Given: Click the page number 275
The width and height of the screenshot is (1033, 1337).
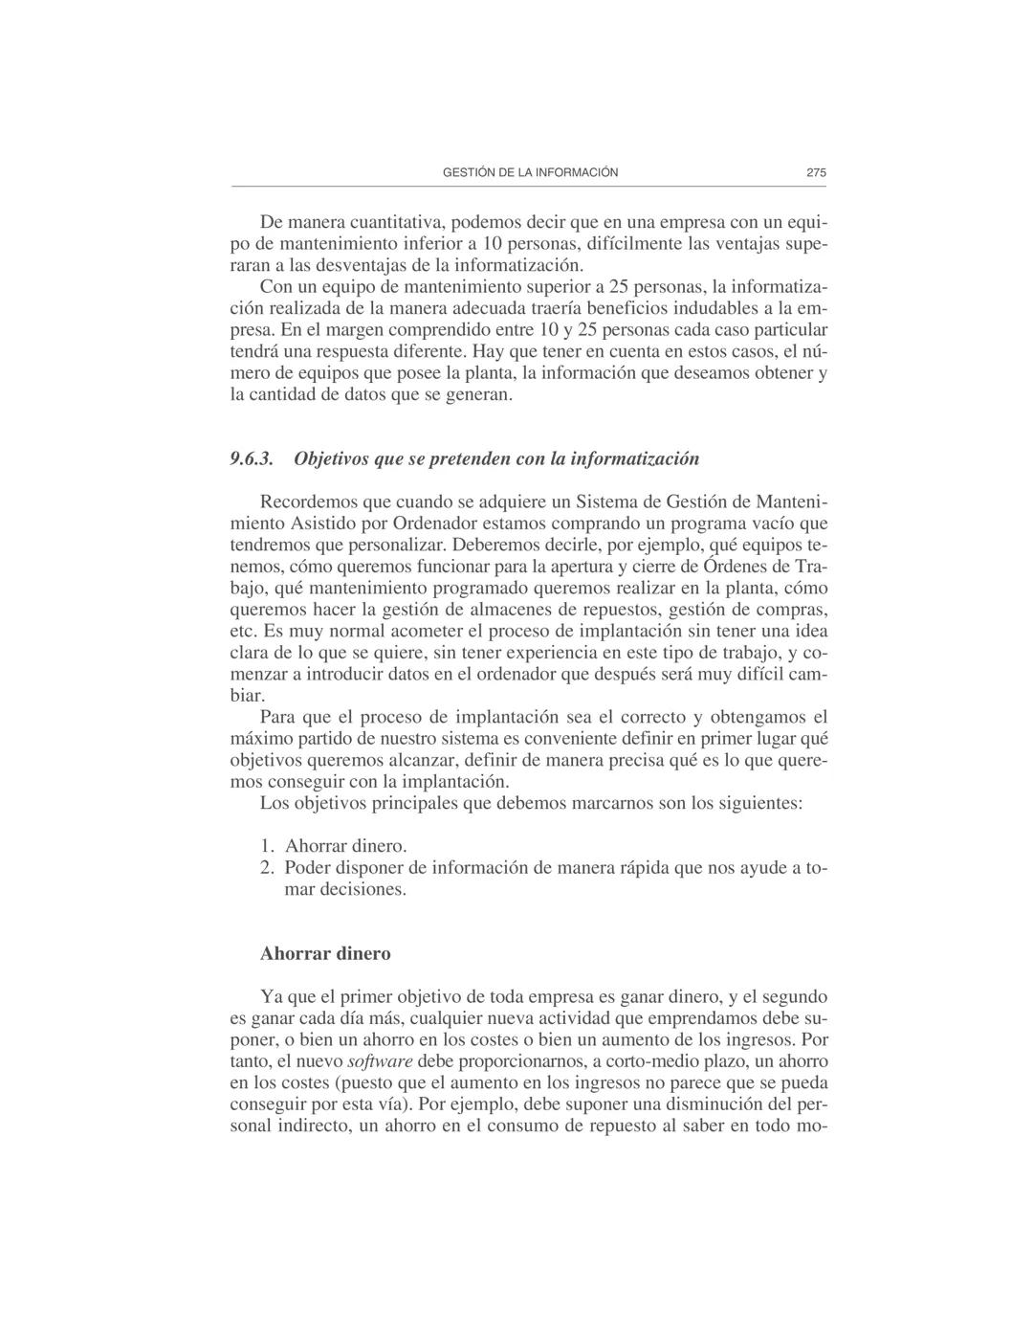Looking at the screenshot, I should tap(815, 173).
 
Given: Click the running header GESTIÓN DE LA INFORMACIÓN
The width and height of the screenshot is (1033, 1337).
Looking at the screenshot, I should tap(531, 173).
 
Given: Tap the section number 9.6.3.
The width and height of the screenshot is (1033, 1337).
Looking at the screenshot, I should tap(253, 458).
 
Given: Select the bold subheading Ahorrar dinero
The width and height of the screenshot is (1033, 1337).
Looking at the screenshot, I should tap(325, 954).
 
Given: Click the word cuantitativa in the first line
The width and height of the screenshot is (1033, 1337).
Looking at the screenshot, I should tap(395, 223).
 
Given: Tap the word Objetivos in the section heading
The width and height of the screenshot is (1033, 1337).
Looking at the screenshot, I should tap(332, 458).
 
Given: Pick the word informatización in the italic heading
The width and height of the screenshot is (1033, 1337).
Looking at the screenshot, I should tap(634, 458).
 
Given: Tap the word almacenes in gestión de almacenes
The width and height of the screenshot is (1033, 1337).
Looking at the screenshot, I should tap(487, 610).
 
